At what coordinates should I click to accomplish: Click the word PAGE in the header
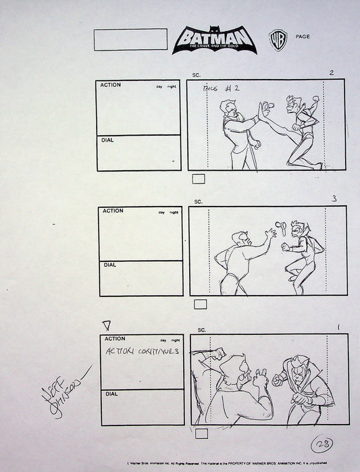pos(303,36)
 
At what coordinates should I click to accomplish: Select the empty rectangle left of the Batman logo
pos(130,39)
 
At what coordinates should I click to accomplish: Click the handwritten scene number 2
pos(331,73)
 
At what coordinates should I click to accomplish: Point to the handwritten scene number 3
pos(334,199)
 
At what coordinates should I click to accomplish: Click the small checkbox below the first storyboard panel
pos(199,179)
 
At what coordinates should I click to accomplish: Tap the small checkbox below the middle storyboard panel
pos(200,305)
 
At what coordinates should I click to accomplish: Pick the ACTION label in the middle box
pos(113,211)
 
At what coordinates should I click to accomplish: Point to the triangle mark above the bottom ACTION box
pos(105,326)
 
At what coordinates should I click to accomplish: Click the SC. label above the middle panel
pos(199,201)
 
